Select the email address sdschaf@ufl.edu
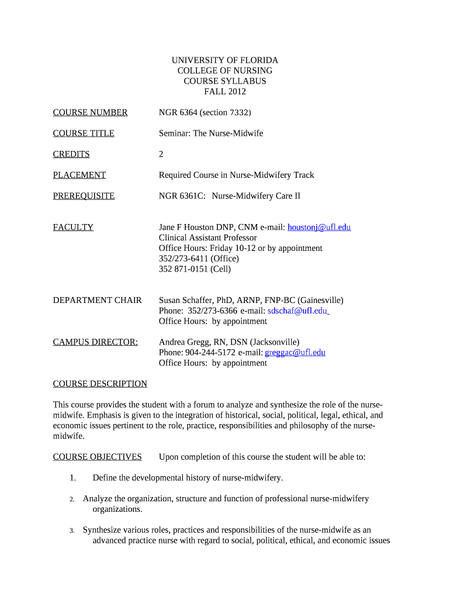[297, 311]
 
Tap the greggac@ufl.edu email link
[295, 353]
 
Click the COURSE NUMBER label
[90, 112]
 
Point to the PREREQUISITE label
[84, 196]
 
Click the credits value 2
[161, 154]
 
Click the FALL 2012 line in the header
[225, 92]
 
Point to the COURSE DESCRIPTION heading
[100, 384]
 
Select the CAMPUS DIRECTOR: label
[95, 342]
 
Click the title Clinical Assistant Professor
[207, 237]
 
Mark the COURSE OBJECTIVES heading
[97, 457]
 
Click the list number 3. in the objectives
[72, 531]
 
